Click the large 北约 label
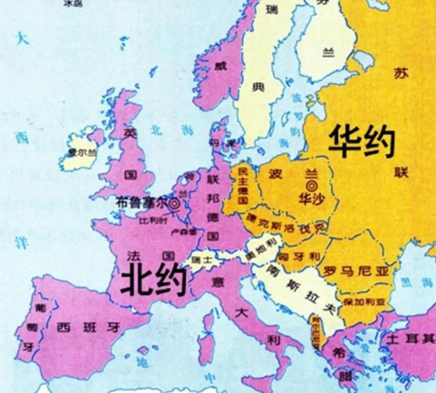pos(151,279)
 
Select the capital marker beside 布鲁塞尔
pos(174,202)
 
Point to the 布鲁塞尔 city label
pos(141,202)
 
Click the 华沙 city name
pos(312,198)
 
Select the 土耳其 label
pos(409,339)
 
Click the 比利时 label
pos(152,221)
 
